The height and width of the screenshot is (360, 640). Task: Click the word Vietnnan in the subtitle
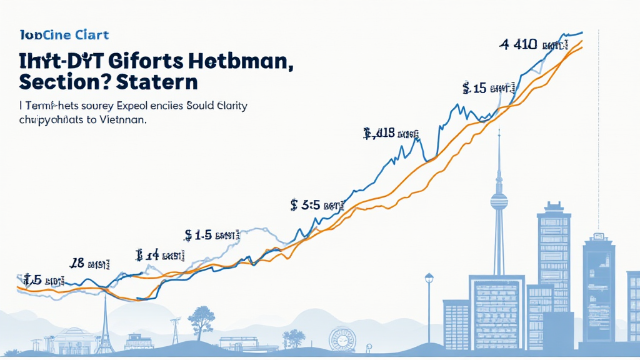point(123,121)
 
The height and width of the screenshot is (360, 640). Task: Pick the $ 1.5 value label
point(212,235)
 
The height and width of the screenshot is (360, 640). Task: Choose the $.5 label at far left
point(41,280)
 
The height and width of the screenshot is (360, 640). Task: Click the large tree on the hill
point(201,319)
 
